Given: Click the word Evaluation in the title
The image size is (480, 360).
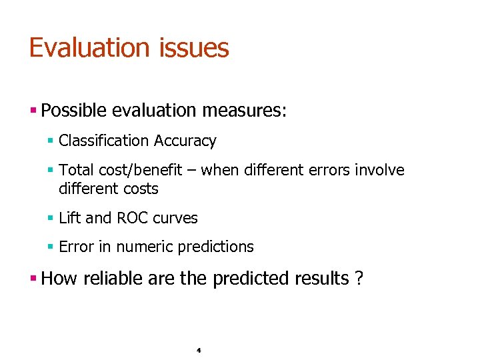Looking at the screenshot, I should (x=89, y=48).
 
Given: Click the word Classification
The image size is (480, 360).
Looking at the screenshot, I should (x=103, y=141).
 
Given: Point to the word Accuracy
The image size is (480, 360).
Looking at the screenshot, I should (x=185, y=141).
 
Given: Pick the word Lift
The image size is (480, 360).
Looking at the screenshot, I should (x=68, y=218).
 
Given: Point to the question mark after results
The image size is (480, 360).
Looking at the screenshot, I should (x=359, y=278).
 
